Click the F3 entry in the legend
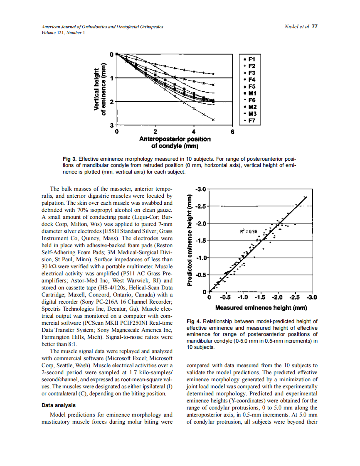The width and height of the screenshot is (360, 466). tap(251, 73)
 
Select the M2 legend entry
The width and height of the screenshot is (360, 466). tap(251, 107)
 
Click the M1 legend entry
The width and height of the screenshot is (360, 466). tap(251, 93)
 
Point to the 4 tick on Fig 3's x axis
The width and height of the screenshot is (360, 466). tap(194, 132)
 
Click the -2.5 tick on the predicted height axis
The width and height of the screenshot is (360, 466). tap(201, 206)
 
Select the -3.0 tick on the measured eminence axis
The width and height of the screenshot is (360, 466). tap(312, 297)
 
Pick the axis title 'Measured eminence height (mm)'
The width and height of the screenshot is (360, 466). tap(261, 308)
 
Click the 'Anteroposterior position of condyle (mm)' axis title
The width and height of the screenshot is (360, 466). tap(175, 142)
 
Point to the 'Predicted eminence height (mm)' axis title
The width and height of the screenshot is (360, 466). tap(189, 240)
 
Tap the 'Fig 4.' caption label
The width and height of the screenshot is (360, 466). tap(194, 321)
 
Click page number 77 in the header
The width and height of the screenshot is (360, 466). tap(314, 27)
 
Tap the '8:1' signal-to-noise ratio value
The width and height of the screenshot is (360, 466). tap(73, 344)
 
